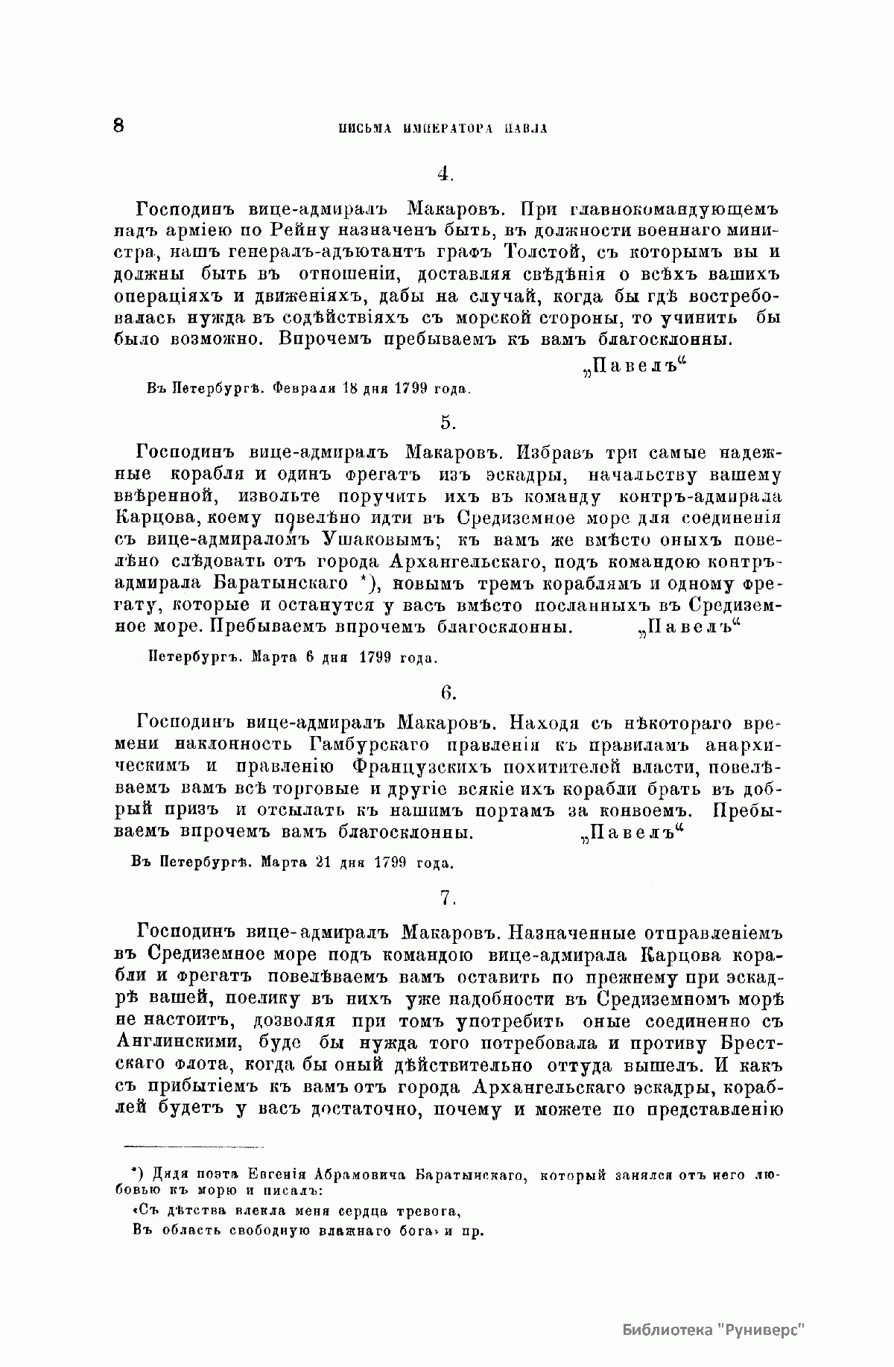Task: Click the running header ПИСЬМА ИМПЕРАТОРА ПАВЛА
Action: click(x=444, y=128)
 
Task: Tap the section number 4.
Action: click(x=446, y=174)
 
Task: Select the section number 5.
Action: click(x=447, y=422)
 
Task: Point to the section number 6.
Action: click(x=448, y=692)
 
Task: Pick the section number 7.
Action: click(x=447, y=898)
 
